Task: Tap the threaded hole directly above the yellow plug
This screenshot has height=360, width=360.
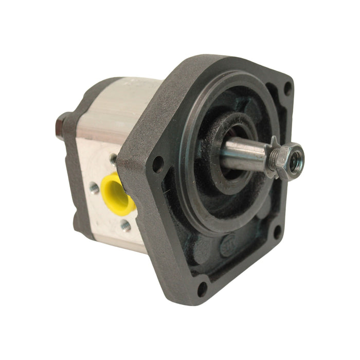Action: [113, 159]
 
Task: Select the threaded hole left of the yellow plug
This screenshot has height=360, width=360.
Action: [94, 188]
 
